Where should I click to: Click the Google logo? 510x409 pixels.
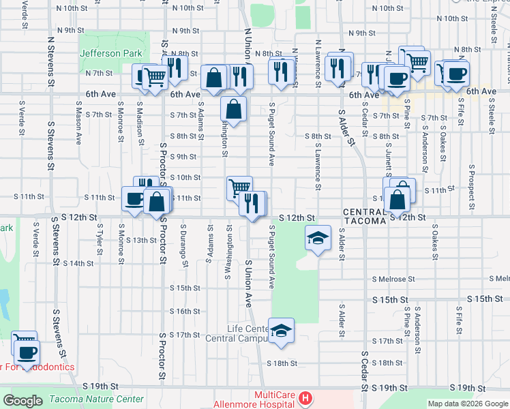[23, 400]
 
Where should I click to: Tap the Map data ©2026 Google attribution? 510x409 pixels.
[467, 404]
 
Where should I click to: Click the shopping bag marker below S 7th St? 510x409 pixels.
[233, 109]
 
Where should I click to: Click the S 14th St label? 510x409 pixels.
[77, 263]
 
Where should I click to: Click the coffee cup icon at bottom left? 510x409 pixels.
[27, 353]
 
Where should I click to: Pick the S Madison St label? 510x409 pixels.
[140, 123]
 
